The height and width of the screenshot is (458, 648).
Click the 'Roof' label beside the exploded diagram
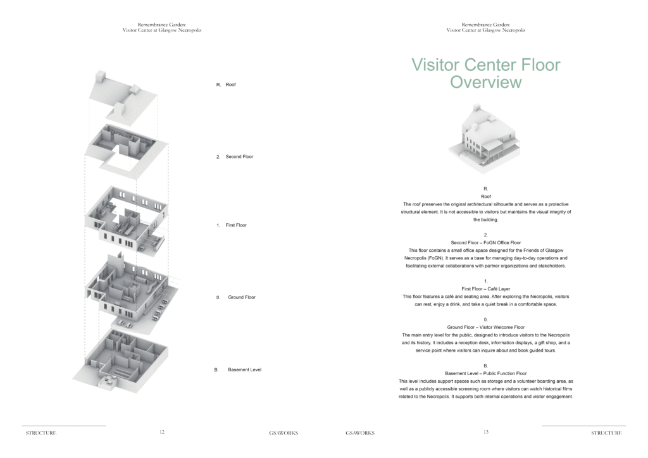click(230, 85)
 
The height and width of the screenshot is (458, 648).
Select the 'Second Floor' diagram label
click(239, 156)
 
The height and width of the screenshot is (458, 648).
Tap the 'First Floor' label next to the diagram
click(236, 225)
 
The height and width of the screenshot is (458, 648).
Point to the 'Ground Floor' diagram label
click(242, 297)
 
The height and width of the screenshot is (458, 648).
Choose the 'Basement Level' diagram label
click(245, 369)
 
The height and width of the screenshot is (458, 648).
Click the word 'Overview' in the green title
click(485, 82)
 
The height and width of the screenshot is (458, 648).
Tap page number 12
click(162, 432)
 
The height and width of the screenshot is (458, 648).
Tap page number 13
click(486, 432)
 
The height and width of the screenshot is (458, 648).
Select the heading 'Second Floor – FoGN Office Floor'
click(485, 242)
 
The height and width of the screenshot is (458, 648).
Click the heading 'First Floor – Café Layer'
click(485, 288)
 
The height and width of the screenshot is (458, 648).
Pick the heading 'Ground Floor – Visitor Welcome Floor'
click(485, 327)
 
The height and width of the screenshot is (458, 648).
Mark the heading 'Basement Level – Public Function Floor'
click(485, 373)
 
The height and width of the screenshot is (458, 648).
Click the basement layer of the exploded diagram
click(121, 360)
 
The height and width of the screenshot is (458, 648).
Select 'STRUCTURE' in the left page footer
click(41, 433)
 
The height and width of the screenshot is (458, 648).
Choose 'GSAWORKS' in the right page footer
click(360, 433)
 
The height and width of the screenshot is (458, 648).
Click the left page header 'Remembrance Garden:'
click(162, 25)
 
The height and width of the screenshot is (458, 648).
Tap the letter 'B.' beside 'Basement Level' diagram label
click(216, 369)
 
